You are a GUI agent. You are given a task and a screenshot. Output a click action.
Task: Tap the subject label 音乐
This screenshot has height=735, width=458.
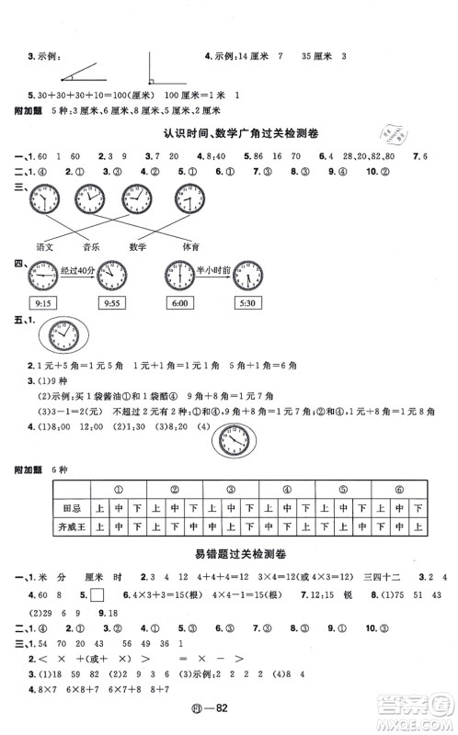91,246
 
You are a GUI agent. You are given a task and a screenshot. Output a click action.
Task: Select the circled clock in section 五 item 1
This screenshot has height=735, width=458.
60,339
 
